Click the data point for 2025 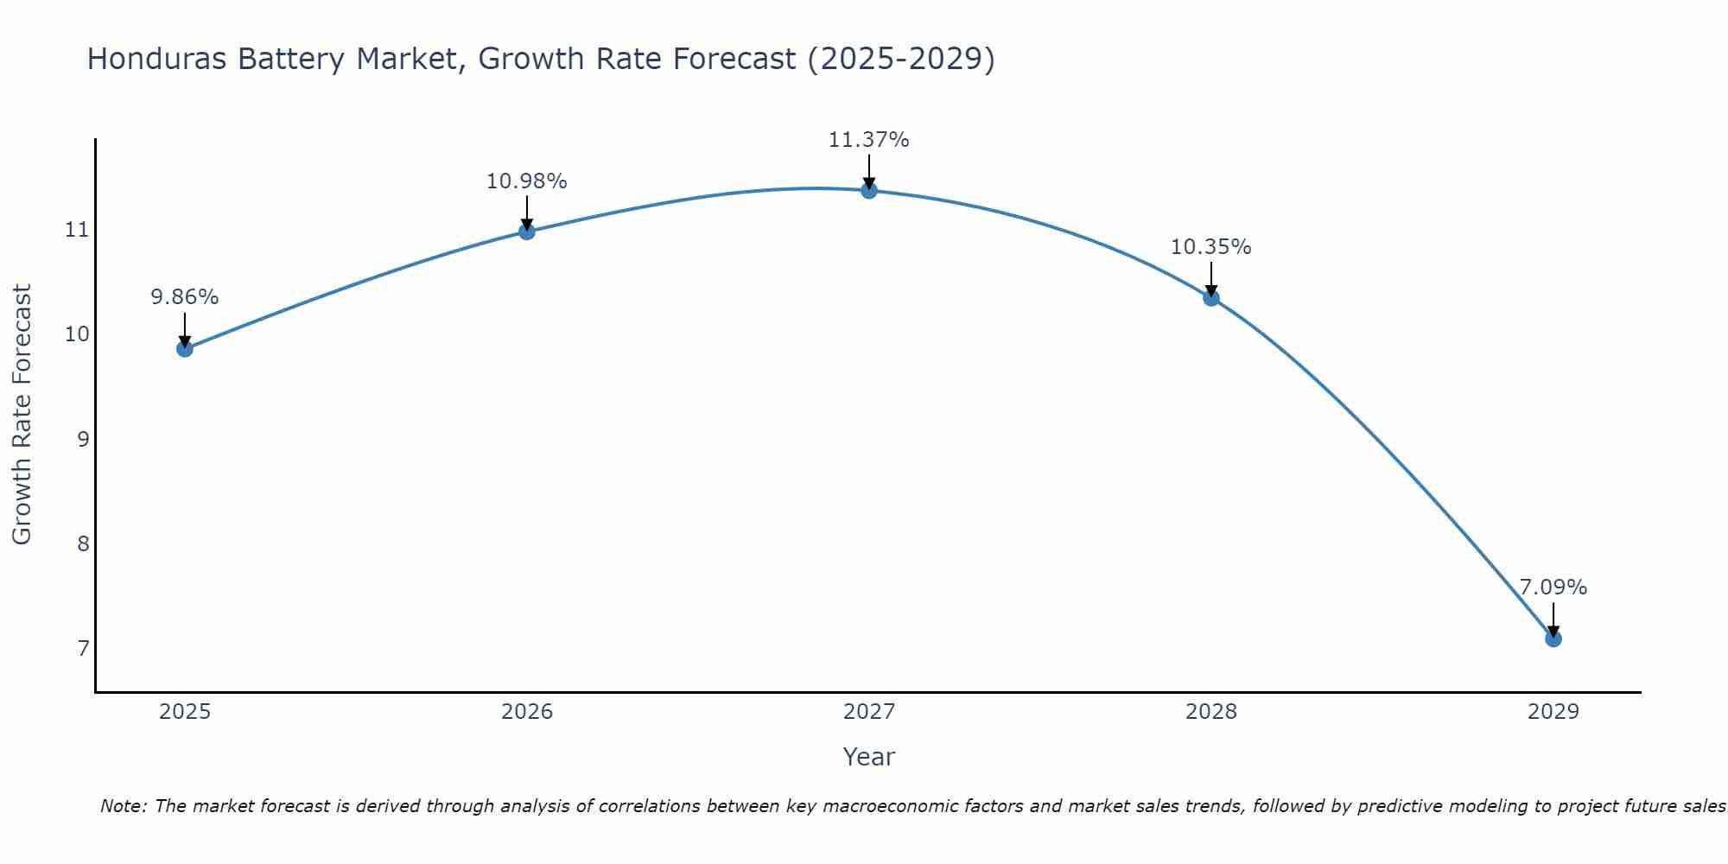coord(184,348)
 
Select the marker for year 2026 coord(526,231)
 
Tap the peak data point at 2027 coord(868,190)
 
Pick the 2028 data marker coord(1210,297)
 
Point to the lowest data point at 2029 coord(1553,638)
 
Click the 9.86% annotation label coord(184,297)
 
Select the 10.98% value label coord(526,181)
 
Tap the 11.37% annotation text coord(868,140)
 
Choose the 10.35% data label coord(1210,247)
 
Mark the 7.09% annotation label coord(1553,588)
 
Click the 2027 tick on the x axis coord(868,712)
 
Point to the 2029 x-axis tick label coord(1553,712)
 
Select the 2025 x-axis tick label coord(185,712)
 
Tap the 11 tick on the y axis coord(77,230)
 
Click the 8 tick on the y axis coord(83,543)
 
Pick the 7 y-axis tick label coord(83,648)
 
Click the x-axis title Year coord(868,757)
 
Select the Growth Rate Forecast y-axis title coord(22,415)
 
